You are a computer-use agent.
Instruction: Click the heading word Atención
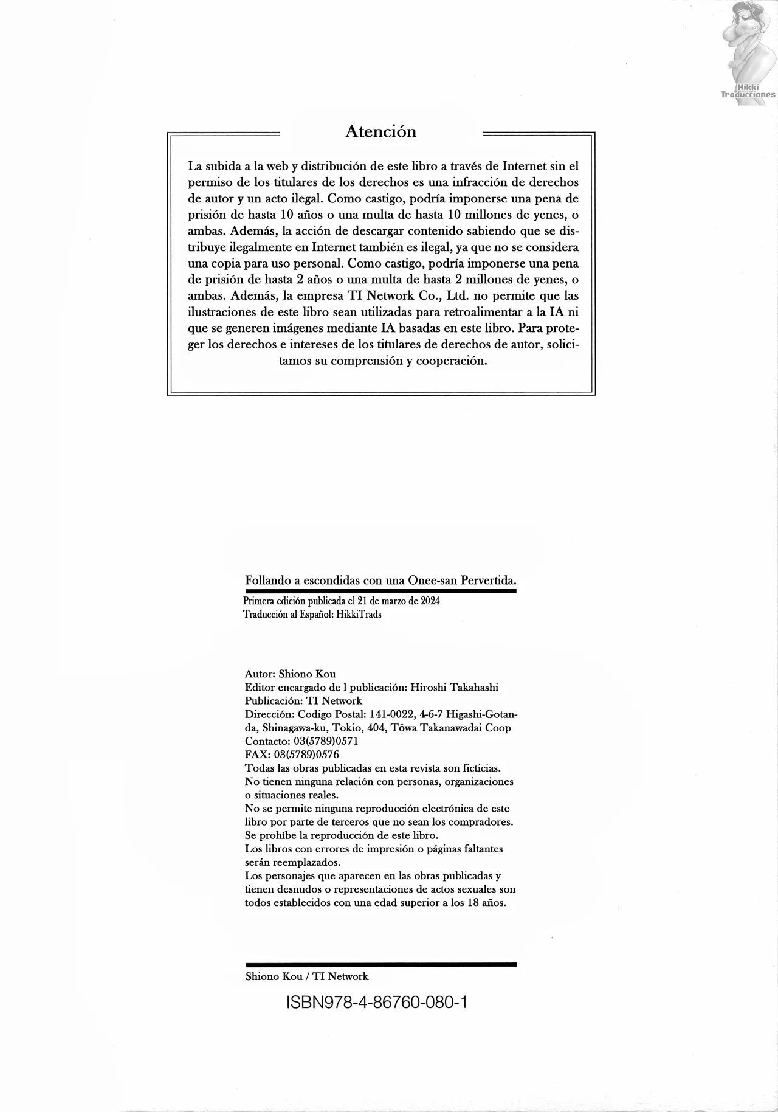(x=380, y=131)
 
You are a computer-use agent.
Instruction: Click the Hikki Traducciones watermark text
(x=748, y=91)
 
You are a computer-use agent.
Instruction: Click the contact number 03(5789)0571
(x=321, y=741)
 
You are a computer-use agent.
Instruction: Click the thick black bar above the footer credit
(x=380, y=964)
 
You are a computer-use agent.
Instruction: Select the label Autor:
(x=261, y=674)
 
